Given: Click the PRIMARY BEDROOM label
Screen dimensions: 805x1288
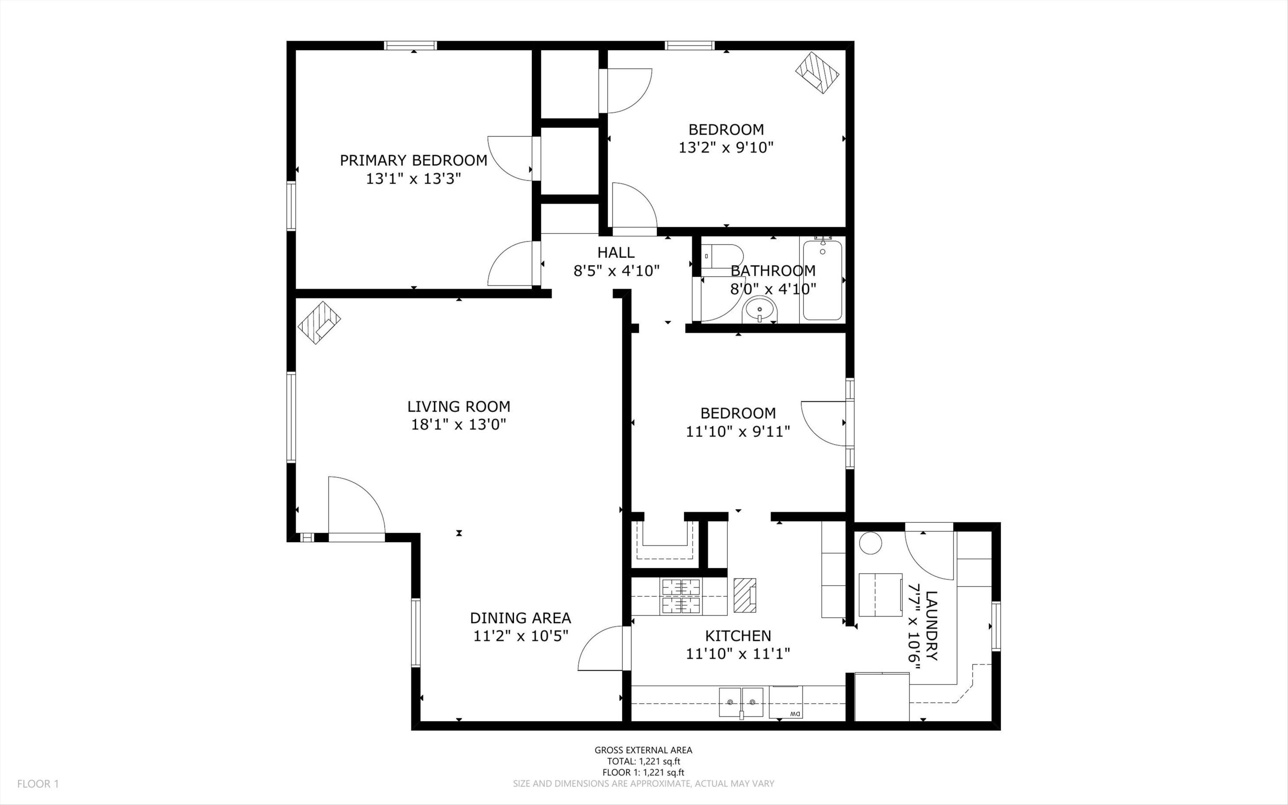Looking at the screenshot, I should pyautogui.click(x=413, y=160).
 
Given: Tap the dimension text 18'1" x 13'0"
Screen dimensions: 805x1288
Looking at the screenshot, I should pyautogui.click(x=458, y=424).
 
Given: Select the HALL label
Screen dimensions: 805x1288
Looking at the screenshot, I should pyautogui.click(x=616, y=252).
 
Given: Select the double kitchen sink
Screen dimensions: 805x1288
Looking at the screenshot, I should pyautogui.click(x=741, y=702).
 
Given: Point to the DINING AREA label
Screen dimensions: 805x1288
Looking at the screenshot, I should pyautogui.click(x=520, y=618).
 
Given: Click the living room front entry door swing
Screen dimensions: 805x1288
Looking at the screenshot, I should pyautogui.click(x=354, y=506).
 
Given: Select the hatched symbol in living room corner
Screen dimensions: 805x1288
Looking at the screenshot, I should pyautogui.click(x=319, y=323).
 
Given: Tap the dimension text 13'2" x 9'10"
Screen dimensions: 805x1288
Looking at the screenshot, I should pyautogui.click(x=726, y=147).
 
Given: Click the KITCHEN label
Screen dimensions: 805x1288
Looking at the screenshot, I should pyautogui.click(x=738, y=636).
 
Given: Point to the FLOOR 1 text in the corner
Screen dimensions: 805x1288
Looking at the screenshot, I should pyautogui.click(x=38, y=784).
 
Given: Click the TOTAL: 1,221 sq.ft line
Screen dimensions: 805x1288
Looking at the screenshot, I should pyautogui.click(x=643, y=761).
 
